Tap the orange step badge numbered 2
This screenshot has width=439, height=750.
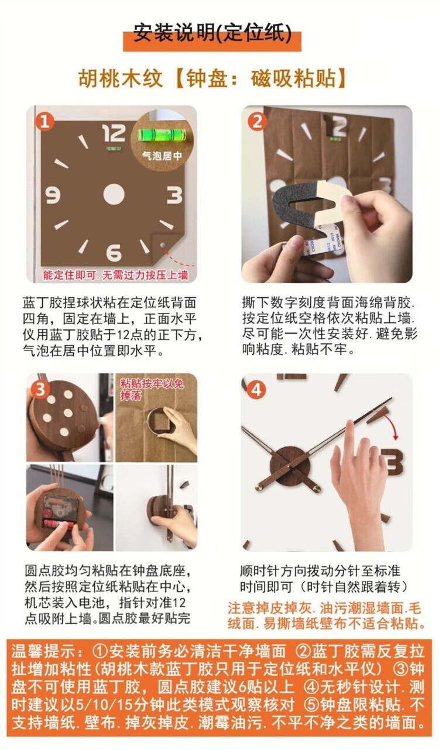coord(258,121)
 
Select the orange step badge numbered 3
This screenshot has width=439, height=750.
coord(40,389)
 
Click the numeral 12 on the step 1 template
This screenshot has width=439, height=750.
coord(114,133)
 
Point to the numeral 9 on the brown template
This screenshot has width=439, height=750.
coord(53,195)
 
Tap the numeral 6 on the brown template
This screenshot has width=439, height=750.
coord(114,253)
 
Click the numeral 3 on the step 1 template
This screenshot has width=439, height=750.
coord(174,195)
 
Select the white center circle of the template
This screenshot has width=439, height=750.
coord(114,195)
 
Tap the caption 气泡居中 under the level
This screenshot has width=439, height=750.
coord(162,156)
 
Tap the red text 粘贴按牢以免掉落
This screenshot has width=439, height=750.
coord(152,389)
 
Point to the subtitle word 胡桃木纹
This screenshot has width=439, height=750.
coord(121,78)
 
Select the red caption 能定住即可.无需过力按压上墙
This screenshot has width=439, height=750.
coord(115,275)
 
